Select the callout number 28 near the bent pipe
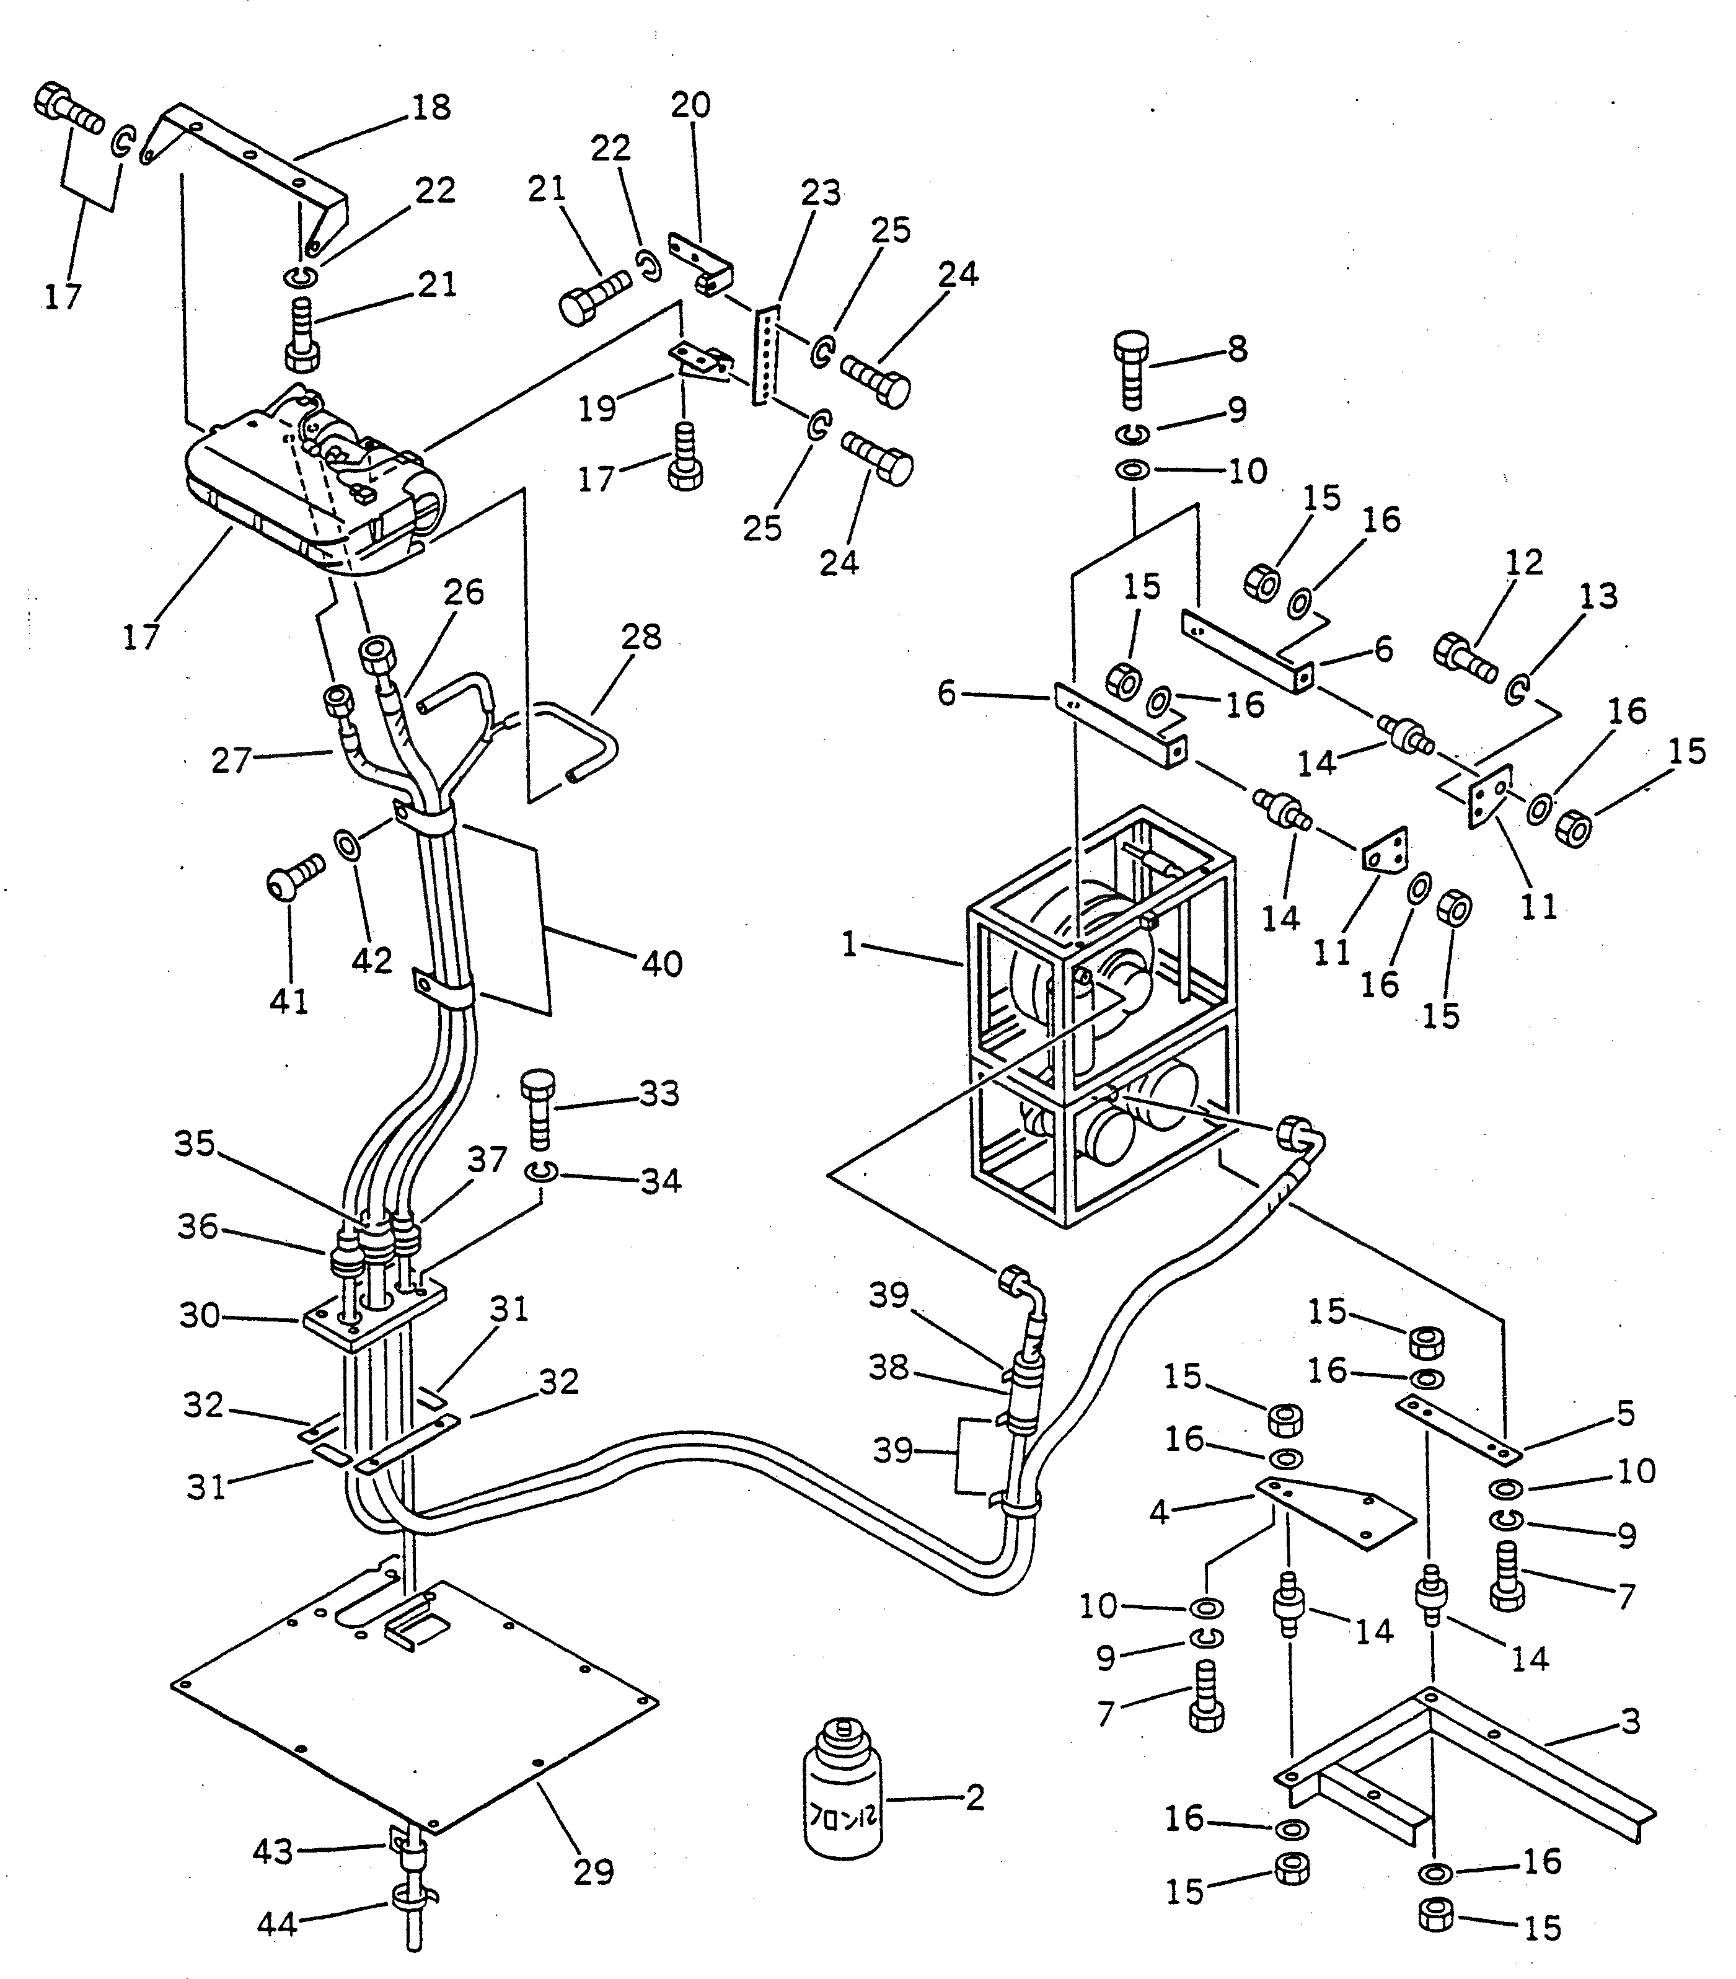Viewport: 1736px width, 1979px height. (641, 637)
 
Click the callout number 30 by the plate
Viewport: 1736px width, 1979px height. (200, 1316)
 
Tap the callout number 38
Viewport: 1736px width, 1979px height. (888, 1367)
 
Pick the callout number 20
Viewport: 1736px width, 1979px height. (690, 105)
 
